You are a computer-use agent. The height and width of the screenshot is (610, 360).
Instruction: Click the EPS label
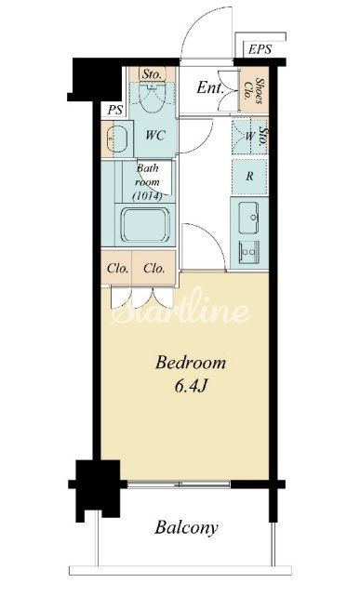[260, 49]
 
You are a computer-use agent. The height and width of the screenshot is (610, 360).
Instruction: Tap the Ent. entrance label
[210, 88]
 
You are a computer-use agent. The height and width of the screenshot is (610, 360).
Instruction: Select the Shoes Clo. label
[253, 90]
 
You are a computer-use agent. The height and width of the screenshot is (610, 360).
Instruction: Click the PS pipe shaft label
[115, 110]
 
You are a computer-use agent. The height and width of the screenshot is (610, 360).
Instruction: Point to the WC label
[155, 136]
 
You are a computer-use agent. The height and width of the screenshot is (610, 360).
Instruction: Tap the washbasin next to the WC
[117, 139]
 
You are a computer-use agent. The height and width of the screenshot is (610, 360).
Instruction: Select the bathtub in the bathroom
[145, 225]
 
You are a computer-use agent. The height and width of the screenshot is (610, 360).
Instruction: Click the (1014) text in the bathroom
[147, 195]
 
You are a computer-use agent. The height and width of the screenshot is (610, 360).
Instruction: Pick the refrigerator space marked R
[249, 177]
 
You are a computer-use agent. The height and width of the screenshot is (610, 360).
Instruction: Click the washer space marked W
[249, 136]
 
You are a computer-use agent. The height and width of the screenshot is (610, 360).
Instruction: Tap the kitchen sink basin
[248, 218]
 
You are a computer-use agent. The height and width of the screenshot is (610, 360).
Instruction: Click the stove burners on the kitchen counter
[248, 252]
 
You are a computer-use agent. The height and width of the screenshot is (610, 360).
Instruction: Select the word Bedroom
[191, 363]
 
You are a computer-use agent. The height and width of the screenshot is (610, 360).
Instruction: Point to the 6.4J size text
[191, 386]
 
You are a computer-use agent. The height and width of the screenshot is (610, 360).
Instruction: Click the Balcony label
[186, 528]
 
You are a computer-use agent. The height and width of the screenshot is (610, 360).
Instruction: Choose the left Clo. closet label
[117, 268]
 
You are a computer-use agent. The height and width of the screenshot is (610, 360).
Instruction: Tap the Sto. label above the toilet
[152, 74]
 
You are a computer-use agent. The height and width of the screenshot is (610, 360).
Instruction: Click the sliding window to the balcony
[179, 484]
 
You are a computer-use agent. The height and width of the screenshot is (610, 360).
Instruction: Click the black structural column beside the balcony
[98, 488]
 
